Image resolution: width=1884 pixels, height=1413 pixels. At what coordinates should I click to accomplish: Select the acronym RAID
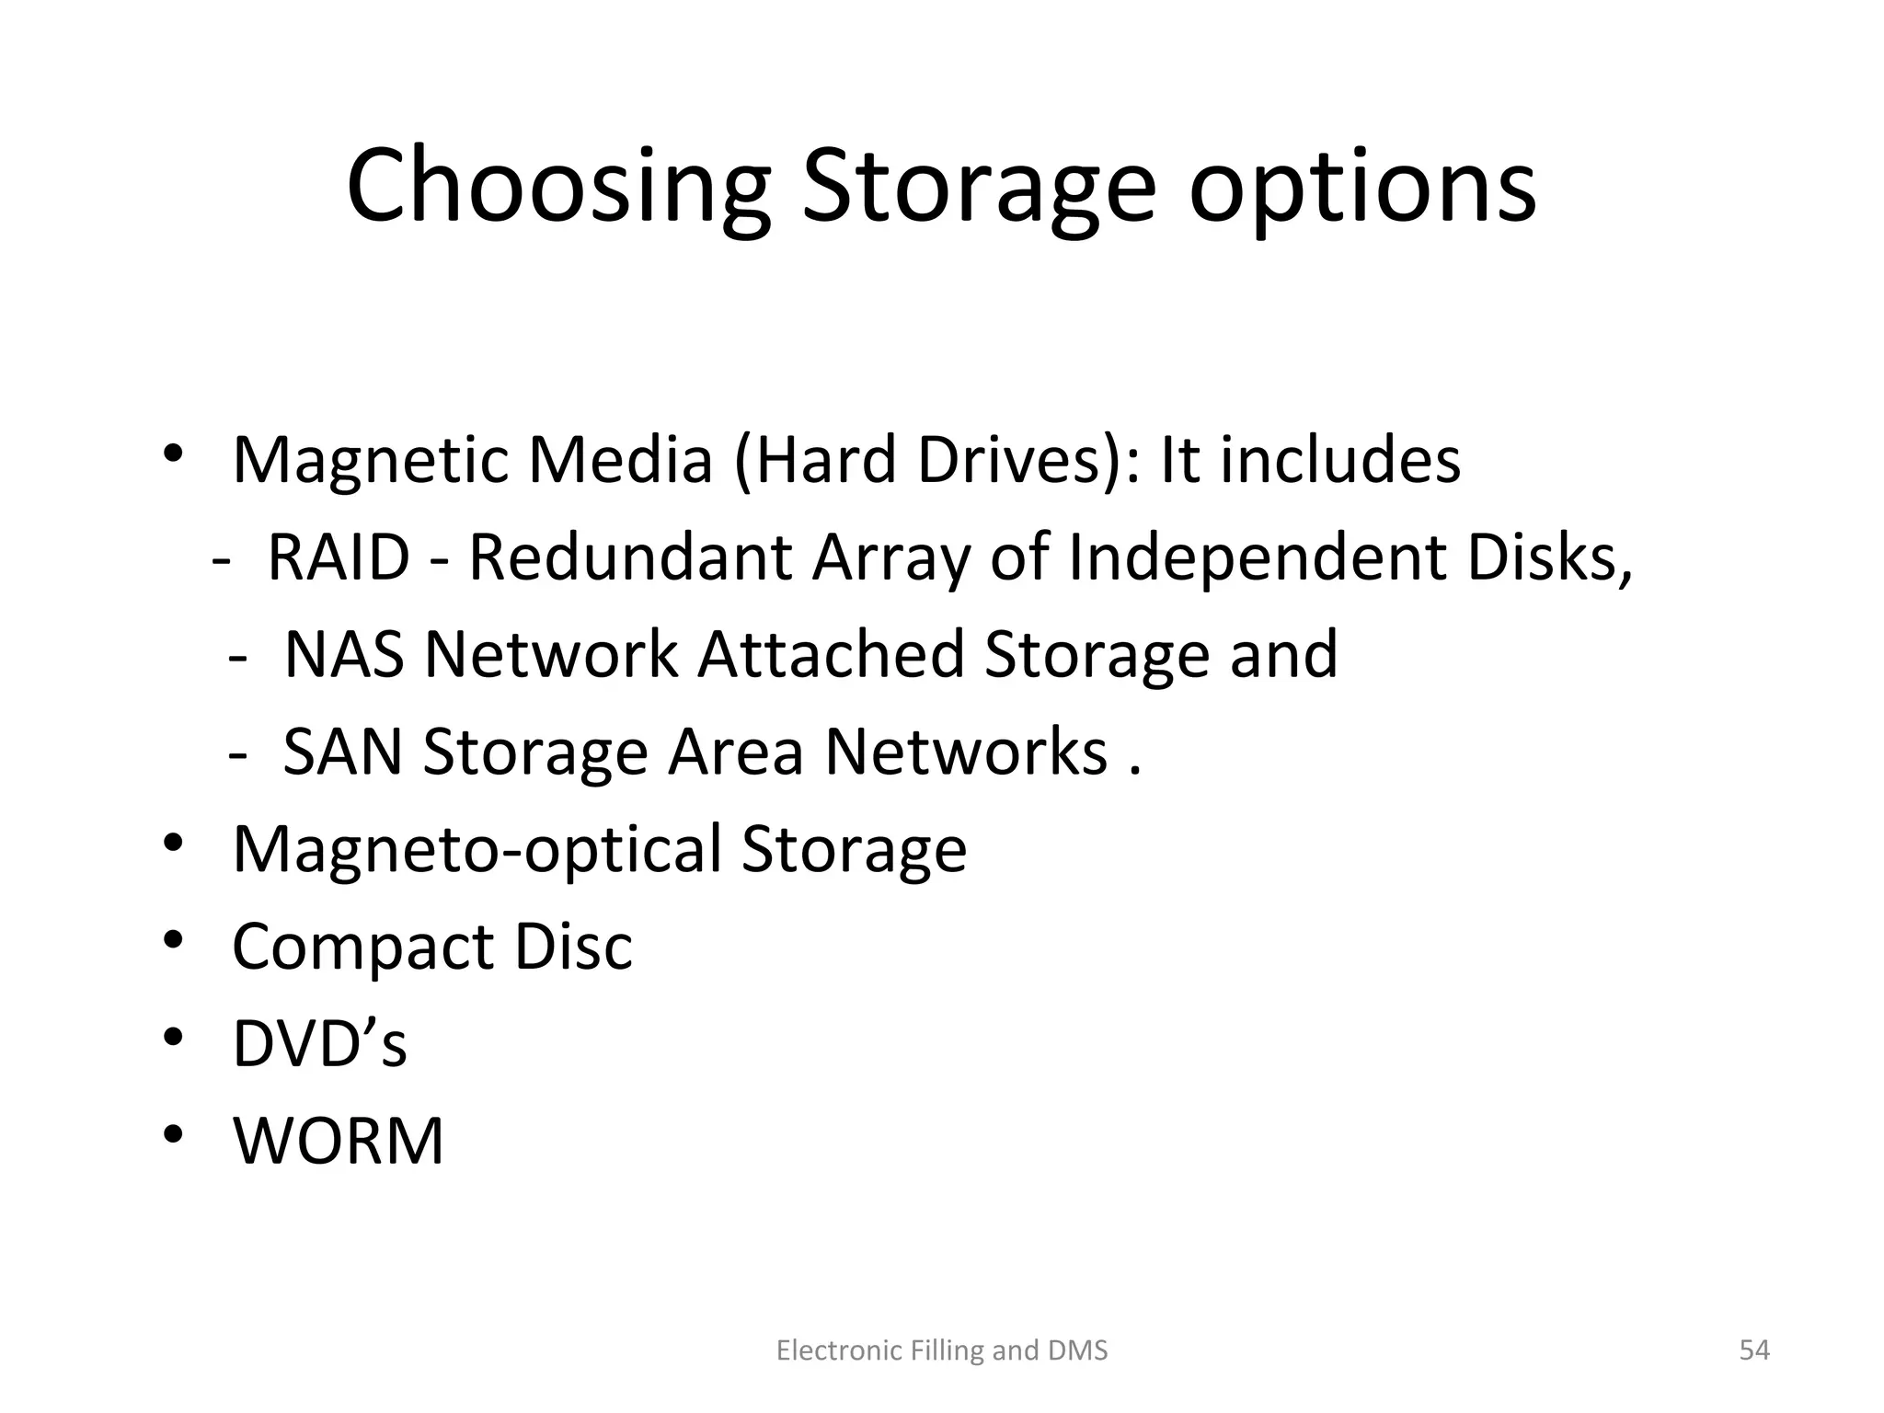click(x=338, y=558)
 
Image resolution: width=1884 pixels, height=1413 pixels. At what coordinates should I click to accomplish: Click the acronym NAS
click(x=344, y=655)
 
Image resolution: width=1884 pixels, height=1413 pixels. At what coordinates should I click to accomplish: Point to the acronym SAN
click(x=342, y=752)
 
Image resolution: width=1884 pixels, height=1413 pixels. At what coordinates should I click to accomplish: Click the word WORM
click(x=338, y=1142)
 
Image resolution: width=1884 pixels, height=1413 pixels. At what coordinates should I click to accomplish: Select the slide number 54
click(x=1754, y=1350)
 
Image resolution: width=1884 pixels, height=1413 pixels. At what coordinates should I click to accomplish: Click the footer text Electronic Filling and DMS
click(x=942, y=1350)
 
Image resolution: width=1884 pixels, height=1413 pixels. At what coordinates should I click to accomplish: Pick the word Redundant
click(x=630, y=558)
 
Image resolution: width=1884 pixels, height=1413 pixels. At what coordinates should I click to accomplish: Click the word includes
click(x=1340, y=460)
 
